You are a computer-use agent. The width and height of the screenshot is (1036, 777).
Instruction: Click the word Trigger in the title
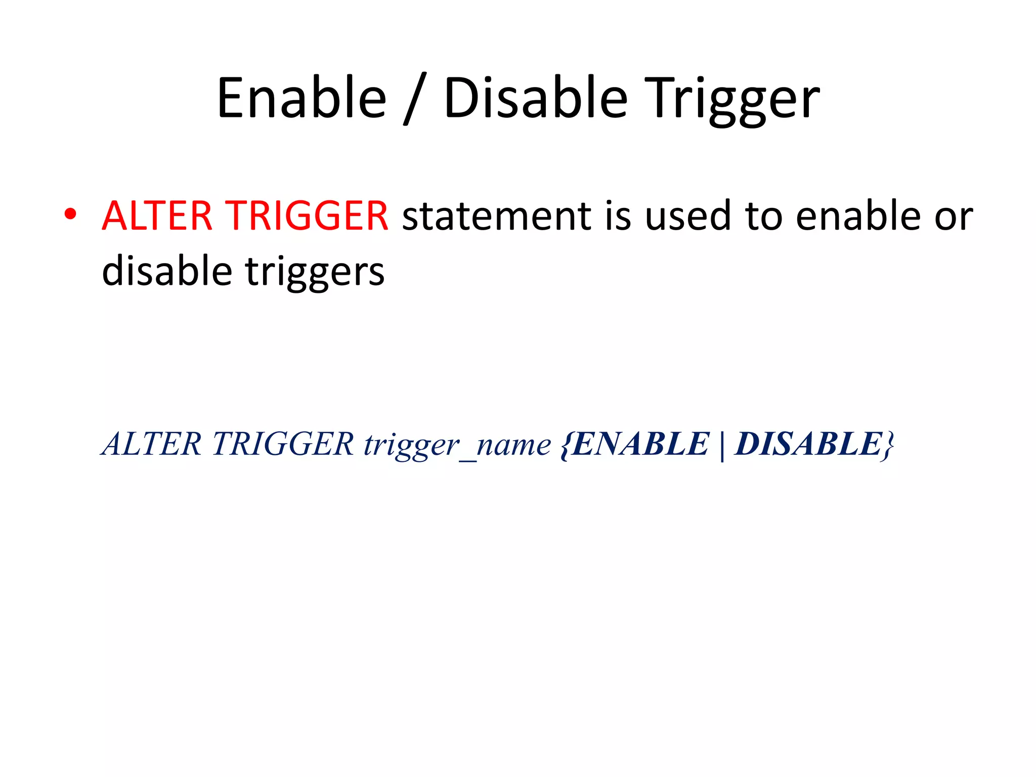click(734, 100)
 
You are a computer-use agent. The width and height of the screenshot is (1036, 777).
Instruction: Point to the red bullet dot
click(70, 215)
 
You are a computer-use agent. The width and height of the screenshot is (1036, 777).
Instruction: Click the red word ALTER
click(157, 216)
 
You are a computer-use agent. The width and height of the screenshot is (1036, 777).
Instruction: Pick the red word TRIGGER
click(307, 216)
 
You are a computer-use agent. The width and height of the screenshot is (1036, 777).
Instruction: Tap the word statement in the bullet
click(496, 216)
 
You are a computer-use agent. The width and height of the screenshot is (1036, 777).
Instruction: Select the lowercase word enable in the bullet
click(858, 216)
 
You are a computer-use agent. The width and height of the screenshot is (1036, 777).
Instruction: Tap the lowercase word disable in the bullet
click(166, 271)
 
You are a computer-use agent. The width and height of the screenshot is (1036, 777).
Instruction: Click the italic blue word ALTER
click(152, 444)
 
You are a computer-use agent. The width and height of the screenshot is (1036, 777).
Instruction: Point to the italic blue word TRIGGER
click(283, 444)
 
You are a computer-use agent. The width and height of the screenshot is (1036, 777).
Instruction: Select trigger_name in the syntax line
click(457, 445)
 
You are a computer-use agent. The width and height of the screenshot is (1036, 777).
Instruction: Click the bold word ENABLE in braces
click(640, 444)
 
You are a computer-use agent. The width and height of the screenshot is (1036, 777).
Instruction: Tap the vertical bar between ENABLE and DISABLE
click(722, 445)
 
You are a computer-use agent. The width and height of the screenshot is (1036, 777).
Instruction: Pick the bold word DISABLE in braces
click(808, 444)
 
